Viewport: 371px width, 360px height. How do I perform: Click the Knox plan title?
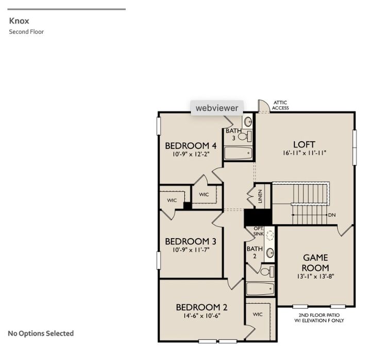19,22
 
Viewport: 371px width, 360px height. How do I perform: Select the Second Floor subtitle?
26,32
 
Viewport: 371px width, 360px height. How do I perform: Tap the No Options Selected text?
41,333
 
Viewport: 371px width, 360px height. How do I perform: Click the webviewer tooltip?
216,108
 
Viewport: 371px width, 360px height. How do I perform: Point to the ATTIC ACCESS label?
281,105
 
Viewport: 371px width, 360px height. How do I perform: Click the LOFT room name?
303,144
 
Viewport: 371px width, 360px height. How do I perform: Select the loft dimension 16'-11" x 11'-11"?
303,153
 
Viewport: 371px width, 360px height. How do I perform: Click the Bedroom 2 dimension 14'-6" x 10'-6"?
201,316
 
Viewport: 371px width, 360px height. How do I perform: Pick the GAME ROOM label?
315,263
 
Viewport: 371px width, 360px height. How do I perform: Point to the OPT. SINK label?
259,231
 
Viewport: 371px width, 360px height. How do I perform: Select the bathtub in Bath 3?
238,152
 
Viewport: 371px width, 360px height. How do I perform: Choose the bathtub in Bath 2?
261,288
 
